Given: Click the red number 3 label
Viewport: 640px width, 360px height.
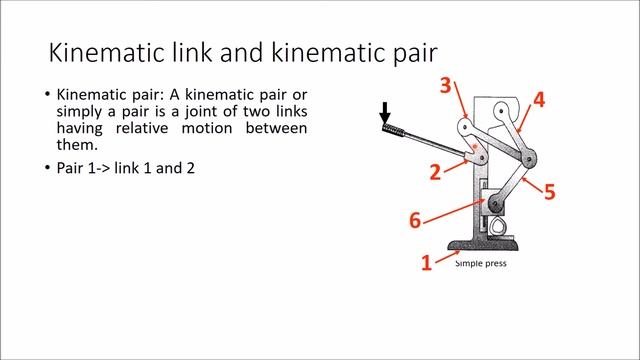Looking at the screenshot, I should point(446,85).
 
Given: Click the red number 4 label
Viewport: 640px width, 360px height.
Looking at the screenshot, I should point(539,99).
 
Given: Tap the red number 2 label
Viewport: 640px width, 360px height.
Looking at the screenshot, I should point(435,172).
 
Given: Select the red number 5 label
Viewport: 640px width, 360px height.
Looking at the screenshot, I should point(549,190).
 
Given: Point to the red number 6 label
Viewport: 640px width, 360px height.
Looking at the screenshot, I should point(415,220).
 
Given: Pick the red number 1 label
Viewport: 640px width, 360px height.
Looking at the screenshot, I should point(426,262).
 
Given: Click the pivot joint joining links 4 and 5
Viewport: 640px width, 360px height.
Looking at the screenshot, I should point(529,155).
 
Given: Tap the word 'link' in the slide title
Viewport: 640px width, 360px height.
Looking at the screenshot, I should point(203,52).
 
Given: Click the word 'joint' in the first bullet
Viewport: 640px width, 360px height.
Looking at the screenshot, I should point(214,110).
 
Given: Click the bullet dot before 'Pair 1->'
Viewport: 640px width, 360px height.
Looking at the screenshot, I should point(46,168).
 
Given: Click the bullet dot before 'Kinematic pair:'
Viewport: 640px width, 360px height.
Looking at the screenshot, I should point(46,93).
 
